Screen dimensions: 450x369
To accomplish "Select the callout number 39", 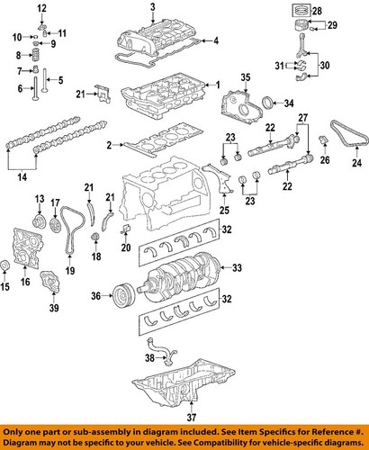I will pyautogui.click(x=54, y=308).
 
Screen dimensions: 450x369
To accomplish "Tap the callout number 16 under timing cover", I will pyautogui.click(x=24, y=282).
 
